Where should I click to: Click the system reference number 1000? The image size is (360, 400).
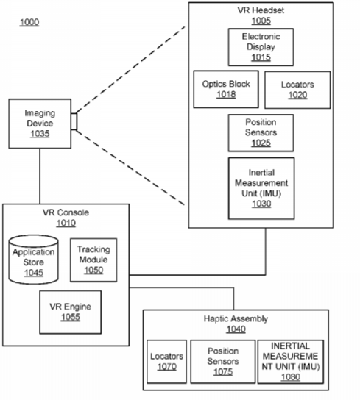[x=29, y=22]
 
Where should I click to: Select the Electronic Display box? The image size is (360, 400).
[x=261, y=47]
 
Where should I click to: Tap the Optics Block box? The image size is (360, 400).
[x=226, y=89]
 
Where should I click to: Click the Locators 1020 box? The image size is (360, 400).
[x=297, y=90]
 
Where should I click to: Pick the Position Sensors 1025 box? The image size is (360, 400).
[x=261, y=133]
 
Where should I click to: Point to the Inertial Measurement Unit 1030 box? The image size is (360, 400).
[x=261, y=188]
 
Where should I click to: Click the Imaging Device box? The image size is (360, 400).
[x=40, y=124]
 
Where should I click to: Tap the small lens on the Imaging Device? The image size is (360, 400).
[x=74, y=121]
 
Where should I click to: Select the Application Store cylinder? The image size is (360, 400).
[x=33, y=260]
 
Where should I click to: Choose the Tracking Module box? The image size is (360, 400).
[x=93, y=260]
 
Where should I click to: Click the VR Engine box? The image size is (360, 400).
[x=71, y=312]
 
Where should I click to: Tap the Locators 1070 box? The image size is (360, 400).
[x=167, y=362]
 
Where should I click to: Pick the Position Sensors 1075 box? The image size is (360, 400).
[x=223, y=362]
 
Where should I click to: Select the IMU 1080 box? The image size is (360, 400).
[x=291, y=362]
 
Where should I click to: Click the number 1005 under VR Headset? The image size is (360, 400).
[x=261, y=21]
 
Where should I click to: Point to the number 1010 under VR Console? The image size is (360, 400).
[x=66, y=224]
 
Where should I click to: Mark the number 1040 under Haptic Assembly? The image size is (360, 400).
[x=236, y=329]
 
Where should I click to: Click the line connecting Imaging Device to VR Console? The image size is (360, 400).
[x=40, y=176]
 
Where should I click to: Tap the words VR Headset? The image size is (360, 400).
[x=261, y=10]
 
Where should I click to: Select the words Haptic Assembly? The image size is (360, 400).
[x=236, y=319]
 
